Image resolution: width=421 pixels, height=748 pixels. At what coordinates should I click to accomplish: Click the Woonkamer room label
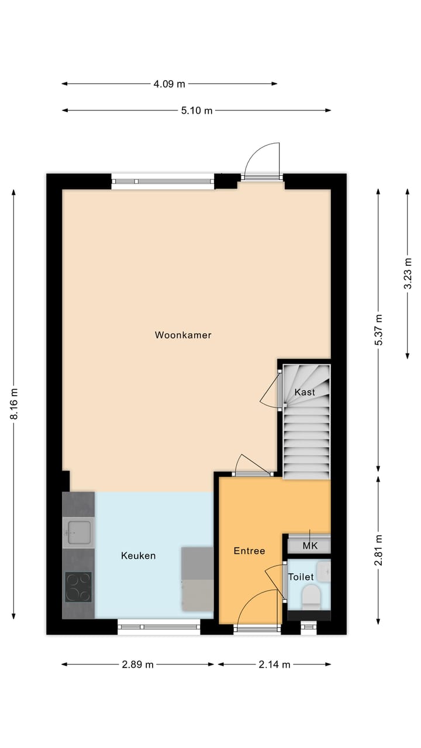183,335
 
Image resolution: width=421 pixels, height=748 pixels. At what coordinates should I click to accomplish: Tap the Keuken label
139,555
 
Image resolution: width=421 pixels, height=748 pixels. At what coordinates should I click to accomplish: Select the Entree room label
250,550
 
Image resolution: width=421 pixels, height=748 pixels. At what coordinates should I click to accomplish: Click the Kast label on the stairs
305,392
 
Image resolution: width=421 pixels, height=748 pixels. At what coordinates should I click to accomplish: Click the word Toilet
301,577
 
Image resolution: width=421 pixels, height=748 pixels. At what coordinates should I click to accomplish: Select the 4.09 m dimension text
169,84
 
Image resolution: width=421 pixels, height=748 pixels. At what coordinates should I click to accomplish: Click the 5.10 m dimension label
196,110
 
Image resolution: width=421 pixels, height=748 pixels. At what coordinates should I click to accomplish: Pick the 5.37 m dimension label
378,330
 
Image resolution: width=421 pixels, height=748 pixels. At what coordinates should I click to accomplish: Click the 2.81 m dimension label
378,550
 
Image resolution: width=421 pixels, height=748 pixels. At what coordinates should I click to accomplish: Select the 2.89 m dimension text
137,664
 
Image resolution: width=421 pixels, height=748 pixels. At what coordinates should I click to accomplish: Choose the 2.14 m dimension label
274,664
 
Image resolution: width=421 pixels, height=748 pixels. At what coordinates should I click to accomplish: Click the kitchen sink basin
78,531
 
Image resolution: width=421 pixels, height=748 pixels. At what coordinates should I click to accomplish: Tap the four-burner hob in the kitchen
78,587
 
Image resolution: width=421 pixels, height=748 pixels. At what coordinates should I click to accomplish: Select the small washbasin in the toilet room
323,570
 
